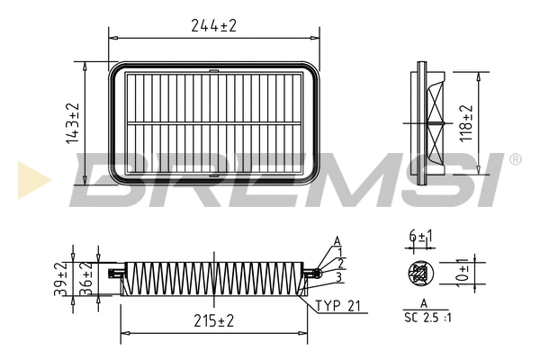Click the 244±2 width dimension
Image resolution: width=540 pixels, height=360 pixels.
[x=213, y=26]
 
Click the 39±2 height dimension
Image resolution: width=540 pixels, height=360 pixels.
[x=60, y=279]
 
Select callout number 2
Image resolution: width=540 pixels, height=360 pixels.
[x=342, y=264]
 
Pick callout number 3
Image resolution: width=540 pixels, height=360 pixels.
[x=340, y=275]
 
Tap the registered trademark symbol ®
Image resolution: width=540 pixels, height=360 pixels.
[x=515, y=159]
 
